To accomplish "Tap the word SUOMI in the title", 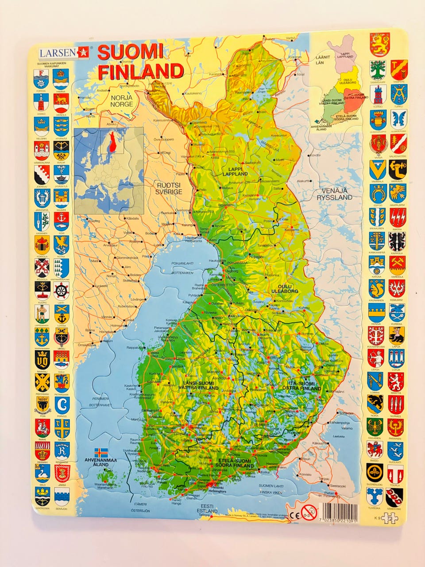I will [130, 52].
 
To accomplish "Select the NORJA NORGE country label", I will [121, 101].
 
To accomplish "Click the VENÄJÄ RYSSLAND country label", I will [333, 194].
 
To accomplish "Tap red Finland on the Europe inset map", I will [113, 142].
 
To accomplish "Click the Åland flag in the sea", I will [101, 453].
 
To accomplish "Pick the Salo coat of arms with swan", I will [42, 475].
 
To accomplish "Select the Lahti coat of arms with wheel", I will [62, 291].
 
